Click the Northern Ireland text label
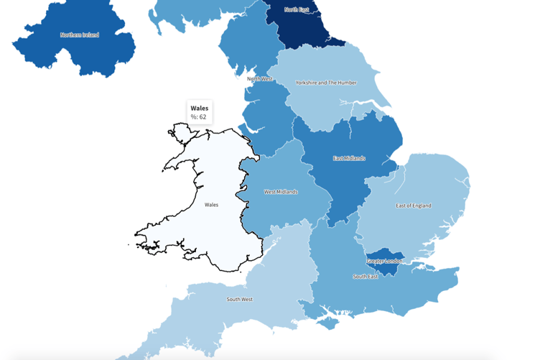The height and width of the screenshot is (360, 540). point(79,34)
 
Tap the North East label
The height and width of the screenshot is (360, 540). point(297,9)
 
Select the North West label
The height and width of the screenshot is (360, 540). point(260,78)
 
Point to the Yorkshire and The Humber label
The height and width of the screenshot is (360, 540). point(326,83)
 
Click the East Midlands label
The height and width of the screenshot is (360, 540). point(349,158)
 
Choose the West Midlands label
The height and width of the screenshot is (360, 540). point(281,192)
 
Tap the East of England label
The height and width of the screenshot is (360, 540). point(414,206)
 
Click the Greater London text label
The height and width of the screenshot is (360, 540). point(385,261)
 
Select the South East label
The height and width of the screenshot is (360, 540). point(366,277)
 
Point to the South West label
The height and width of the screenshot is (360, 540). point(239,299)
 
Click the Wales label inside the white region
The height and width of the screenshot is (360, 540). point(211,205)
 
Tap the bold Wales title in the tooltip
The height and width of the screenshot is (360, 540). point(200,108)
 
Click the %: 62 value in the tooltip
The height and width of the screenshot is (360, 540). point(198,117)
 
